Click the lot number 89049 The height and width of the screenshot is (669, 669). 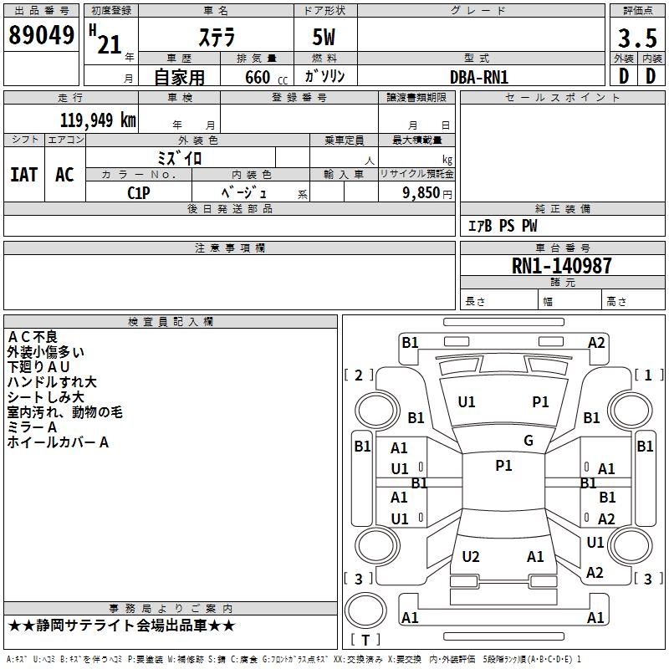40,35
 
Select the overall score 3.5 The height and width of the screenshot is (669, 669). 636,38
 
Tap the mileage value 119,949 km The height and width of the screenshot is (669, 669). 98,120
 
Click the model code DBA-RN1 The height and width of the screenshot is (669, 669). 478,77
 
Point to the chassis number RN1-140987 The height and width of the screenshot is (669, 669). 561,266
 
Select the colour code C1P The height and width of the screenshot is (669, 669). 139,192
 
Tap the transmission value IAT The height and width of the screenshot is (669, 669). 24,175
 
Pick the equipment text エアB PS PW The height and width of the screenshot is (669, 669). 502,226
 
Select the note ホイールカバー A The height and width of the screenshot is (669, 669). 58,442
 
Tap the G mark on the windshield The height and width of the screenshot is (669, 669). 529,441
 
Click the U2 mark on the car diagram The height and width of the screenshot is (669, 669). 471,557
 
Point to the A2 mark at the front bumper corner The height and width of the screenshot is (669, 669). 596,343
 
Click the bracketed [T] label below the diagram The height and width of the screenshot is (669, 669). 365,641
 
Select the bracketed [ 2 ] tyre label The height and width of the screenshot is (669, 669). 359,375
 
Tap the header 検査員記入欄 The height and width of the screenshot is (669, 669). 171,322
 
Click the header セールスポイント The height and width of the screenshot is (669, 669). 563,98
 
